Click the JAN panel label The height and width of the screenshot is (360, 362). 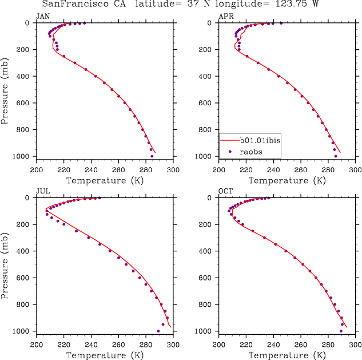pyautogui.click(x=43, y=17)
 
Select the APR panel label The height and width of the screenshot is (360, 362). pyautogui.click(x=226, y=17)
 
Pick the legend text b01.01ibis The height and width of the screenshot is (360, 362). pyautogui.click(x=259, y=140)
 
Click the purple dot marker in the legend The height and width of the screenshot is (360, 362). pyautogui.click(x=230, y=151)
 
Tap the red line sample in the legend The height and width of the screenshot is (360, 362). pyautogui.click(x=229, y=140)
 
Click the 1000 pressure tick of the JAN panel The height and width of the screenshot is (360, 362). pyautogui.click(x=23, y=156)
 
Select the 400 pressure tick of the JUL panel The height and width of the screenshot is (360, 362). pyautogui.click(x=26, y=251)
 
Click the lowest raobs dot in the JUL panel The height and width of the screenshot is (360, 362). pyautogui.click(x=158, y=331)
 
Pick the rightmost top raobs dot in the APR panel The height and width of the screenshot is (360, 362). pyautogui.click(x=281, y=23)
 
